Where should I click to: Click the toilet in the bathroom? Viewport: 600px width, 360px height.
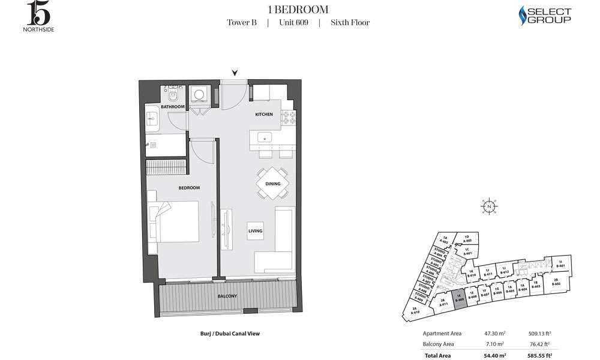click(x=172, y=96)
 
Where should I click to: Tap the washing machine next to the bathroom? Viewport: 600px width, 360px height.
click(x=198, y=96)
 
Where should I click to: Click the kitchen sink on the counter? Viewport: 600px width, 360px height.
click(x=264, y=137)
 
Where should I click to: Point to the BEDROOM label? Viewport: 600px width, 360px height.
click(x=189, y=188)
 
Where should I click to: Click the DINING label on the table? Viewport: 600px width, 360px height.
click(x=272, y=185)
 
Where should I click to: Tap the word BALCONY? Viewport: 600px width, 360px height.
click(x=227, y=296)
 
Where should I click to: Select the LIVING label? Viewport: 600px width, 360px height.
click(x=256, y=230)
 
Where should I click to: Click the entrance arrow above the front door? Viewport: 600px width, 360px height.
click(x=235, y=73)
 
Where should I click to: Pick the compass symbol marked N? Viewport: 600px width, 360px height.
click(x=490, y=206)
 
